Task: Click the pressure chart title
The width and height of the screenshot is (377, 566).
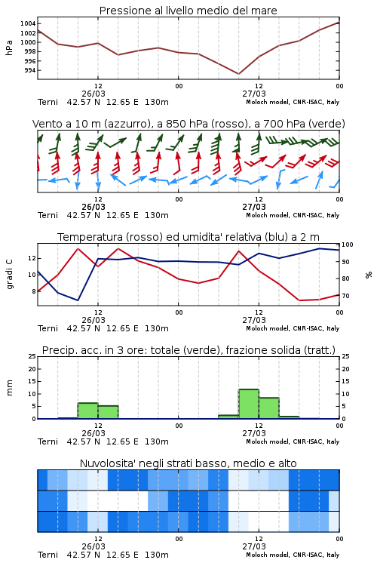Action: (x=188, y=11)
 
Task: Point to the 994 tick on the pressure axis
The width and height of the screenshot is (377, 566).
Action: (x=30, y=70)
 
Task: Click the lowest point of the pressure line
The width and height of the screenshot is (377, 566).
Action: (x=238, y=74)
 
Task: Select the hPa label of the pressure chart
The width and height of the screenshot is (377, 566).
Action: (x=9, y=48)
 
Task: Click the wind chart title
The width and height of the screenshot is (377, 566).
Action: (x=188, y=124)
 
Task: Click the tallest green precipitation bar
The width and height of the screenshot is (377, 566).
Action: (x=249, y=404)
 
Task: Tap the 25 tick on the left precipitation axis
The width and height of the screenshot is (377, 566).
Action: (x=32, y=356)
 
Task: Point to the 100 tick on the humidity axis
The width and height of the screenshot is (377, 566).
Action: (x=348, y=245)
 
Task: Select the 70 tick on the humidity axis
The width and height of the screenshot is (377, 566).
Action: (x=345, y=296)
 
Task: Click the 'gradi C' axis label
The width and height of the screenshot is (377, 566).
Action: (x=10, y=275)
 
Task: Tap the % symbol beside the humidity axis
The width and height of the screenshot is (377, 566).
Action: (x=369, y=275)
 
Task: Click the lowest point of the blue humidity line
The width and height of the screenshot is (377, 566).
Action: (x=78, y=300)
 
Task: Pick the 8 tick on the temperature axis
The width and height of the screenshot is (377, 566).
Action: (x=34, y=291)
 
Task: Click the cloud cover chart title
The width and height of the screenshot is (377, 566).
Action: (x=188, y=463)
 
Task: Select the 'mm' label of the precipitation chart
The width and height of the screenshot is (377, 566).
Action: (x=9, y=388)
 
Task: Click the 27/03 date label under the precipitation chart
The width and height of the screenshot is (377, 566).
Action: (x=254, y=433)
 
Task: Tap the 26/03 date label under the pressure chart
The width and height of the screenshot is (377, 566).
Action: (x=93, y=94)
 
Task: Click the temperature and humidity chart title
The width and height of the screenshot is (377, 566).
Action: (x=188, y=237)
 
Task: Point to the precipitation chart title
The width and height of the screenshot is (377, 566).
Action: (x=188, y=350)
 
